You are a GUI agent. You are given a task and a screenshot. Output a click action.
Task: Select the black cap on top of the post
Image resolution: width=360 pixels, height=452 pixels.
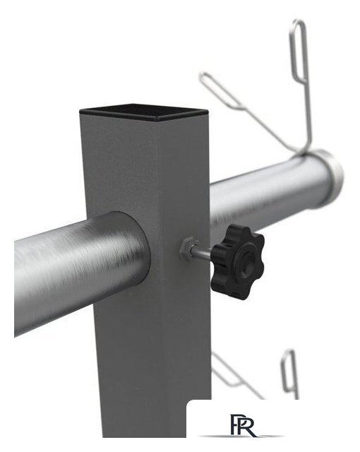tap(143, 112)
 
